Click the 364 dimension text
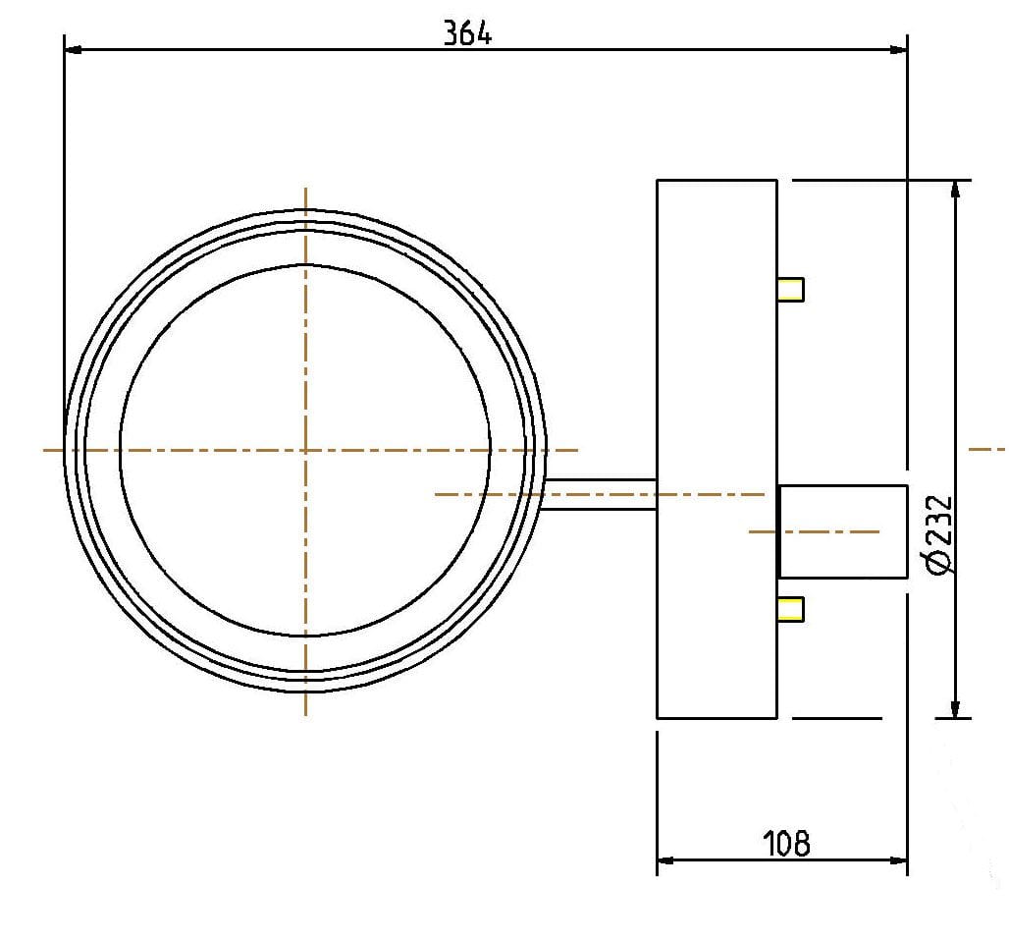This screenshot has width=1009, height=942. click(467, 33)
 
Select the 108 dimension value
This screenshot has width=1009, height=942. click(787, 843)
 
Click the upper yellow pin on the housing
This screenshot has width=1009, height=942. click(790, 289)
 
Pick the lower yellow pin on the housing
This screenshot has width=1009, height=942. click(790, 609)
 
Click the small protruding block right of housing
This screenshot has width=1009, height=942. click(842, 531)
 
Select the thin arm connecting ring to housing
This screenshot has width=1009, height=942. click(599, 494)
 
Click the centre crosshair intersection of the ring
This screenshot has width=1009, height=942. click(306, 450)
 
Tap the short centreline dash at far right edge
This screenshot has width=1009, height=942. click(986, 449)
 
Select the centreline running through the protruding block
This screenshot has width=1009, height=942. click(815, 531)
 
